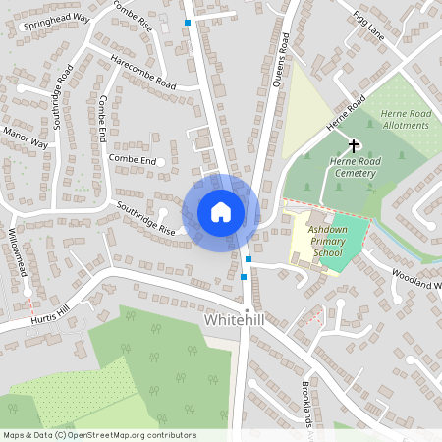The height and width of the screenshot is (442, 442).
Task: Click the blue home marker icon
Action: [221, 212]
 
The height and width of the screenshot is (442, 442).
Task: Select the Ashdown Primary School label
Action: [324, 241]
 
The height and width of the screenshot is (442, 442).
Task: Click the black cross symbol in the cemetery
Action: [353, 144]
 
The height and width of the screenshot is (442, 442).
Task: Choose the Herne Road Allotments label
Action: [406, 120]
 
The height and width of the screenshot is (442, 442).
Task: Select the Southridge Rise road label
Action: [144, 219]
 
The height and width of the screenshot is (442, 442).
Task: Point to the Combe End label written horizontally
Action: [133, 159]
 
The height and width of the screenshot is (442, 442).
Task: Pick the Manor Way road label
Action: [26, 137]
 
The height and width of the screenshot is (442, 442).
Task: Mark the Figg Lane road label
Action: [369, 23]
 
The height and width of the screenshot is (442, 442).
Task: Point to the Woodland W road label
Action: [416, 278]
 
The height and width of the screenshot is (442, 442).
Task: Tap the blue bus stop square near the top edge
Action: [188, 22]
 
